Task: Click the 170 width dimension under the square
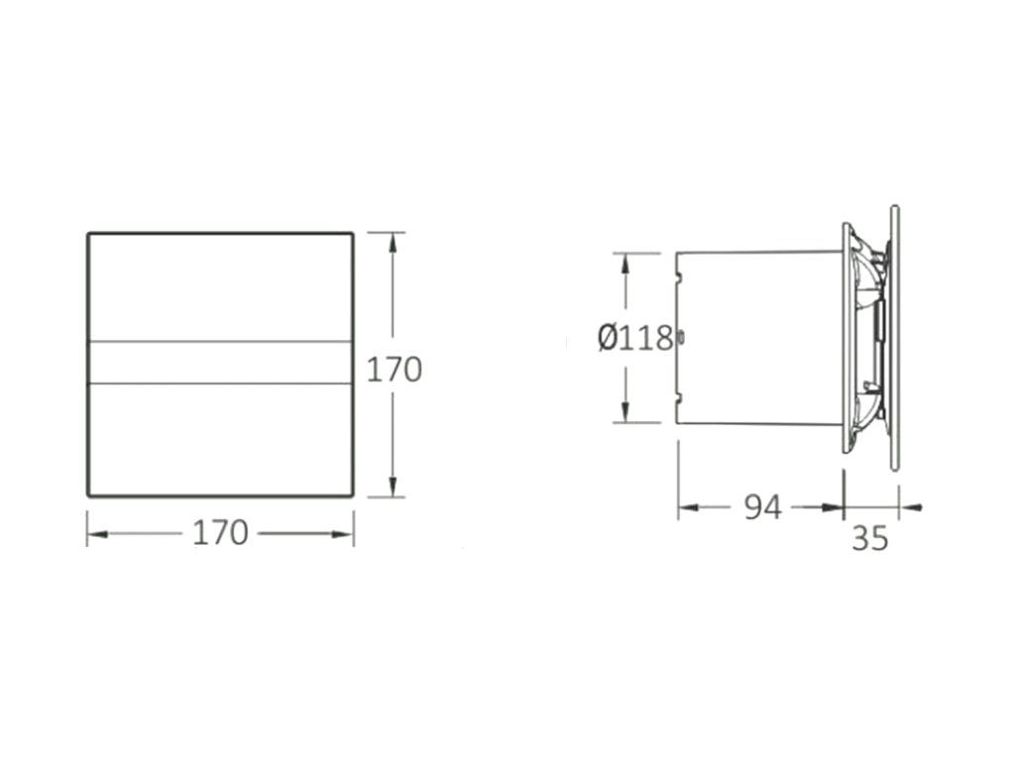(220, 534)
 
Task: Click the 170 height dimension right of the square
(395, 371)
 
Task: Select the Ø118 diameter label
(635, 338)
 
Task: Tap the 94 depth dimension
(762, 507)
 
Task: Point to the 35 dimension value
(870, 538)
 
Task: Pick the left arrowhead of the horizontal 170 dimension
(98, 534)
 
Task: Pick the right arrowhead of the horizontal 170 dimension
(342, 534)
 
